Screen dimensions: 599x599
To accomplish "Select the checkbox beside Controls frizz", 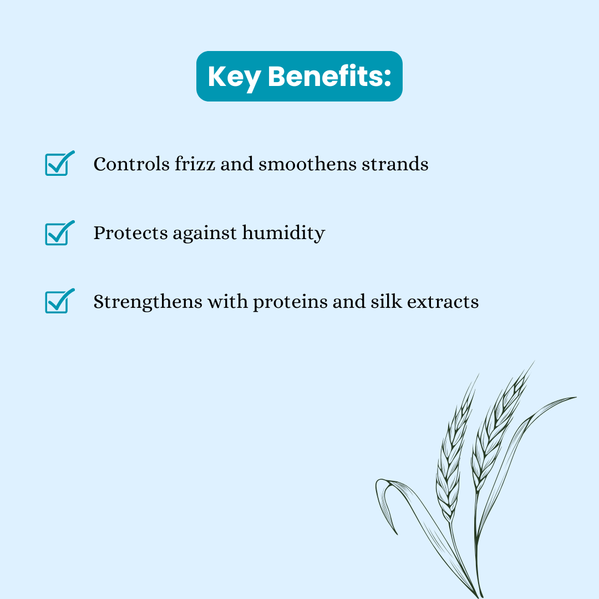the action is tap(59, 164).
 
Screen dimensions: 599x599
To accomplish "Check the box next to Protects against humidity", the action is tap(59, 233).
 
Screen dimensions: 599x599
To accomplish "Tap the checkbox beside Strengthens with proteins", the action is tap(59, 301).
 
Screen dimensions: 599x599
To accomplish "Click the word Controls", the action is tap(131, 164).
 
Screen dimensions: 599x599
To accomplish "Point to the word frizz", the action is tap(195, 164).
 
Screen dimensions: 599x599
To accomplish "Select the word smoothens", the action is tap(307, 164).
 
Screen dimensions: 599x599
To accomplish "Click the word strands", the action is tap(395, 164).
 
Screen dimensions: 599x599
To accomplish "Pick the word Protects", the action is tap(130, 232).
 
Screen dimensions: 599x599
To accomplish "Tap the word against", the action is tap(204, 234).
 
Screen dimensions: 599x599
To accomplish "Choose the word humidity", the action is tap(283, 233).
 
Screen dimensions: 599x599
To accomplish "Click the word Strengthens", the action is tap(148, 302).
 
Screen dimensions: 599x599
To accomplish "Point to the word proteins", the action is tap(290, 303).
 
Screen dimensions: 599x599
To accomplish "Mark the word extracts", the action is tap(443, 302).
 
